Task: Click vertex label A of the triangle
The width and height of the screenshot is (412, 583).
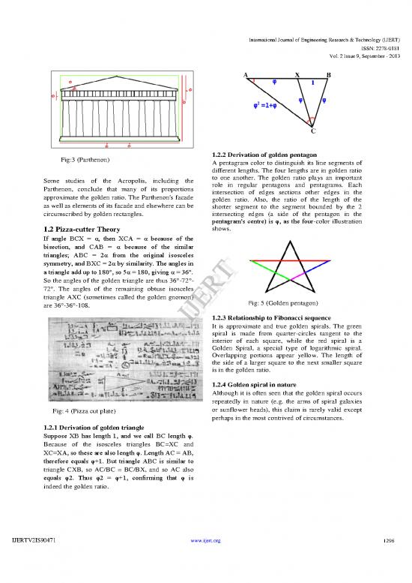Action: click(x=246, y=75)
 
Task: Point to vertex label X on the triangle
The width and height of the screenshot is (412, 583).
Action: click(x=297, y=75)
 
